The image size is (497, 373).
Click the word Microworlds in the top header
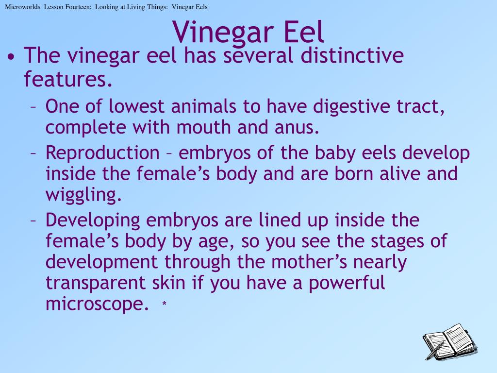(x=22, y=7)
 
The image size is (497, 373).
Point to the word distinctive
(x=352, y=56)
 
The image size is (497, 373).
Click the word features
(x=68, y=79)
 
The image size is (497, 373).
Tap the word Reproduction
(x=102, y=153)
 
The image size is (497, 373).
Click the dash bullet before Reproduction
(x=34, y=153)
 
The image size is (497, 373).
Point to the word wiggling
(x=83, y=195)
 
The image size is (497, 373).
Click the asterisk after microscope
(x=165, y=304)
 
